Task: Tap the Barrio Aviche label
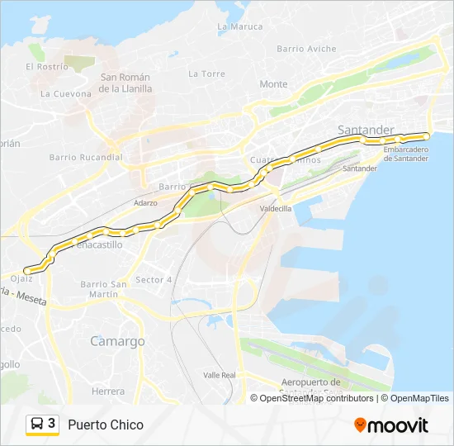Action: (306, 49)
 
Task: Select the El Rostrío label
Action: (47, 66)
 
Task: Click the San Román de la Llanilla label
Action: (126, 83)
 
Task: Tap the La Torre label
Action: (206, 74)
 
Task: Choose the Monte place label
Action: (273, 84)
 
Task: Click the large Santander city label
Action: (366, 130)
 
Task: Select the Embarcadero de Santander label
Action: (406, 154)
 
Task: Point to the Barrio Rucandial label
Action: (86, 157)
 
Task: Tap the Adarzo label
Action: (144, 202)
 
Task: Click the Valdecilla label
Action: (276, 209)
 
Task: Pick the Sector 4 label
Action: (153, 279)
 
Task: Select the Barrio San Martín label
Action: (104, 289)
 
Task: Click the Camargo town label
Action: (117, 341)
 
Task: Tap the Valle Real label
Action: (219, 375)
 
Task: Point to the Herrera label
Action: (108, 391)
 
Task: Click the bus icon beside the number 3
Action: (37, 425)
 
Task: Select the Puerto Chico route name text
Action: (106, 425)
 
